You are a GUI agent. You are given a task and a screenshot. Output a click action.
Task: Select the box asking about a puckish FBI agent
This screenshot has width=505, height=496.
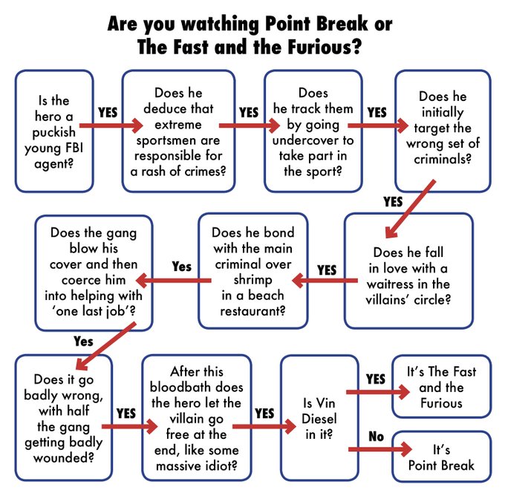(x=54, y=131)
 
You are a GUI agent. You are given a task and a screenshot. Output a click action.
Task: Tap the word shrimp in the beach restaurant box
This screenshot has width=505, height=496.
(x=252, y=280)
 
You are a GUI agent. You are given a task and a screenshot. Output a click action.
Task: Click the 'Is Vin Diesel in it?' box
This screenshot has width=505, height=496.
(x=319, y=418)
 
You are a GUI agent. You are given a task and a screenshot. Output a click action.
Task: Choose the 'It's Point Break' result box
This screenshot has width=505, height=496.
(x=441, y=457)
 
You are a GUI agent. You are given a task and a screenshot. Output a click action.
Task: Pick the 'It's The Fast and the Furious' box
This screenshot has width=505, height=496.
(x=441, y=387)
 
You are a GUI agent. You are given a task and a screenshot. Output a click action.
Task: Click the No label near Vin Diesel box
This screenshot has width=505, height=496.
(x=377, y=437)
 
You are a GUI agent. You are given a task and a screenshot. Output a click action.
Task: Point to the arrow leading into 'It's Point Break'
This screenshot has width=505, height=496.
(x=380, y=449)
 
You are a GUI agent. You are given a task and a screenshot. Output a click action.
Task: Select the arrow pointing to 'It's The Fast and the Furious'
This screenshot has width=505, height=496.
(x=378, y=392)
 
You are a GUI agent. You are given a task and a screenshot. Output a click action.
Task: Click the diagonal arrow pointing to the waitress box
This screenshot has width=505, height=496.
(x=410, y=209)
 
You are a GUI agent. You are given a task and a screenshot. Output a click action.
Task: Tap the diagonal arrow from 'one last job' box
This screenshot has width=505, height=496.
(x=106, y=346)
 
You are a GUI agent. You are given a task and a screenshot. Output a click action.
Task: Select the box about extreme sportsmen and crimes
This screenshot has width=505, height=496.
(x=178, y=131)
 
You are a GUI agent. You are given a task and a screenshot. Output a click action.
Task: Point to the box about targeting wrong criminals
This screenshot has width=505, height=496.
(x=443, y=131)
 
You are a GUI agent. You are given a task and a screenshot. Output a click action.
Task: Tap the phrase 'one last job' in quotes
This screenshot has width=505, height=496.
(x=93, y=311)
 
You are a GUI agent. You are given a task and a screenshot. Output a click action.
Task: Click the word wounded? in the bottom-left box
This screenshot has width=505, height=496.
(x=63, y=457)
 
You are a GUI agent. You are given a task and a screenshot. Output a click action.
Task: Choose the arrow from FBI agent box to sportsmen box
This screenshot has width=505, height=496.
(x=111, y=125)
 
